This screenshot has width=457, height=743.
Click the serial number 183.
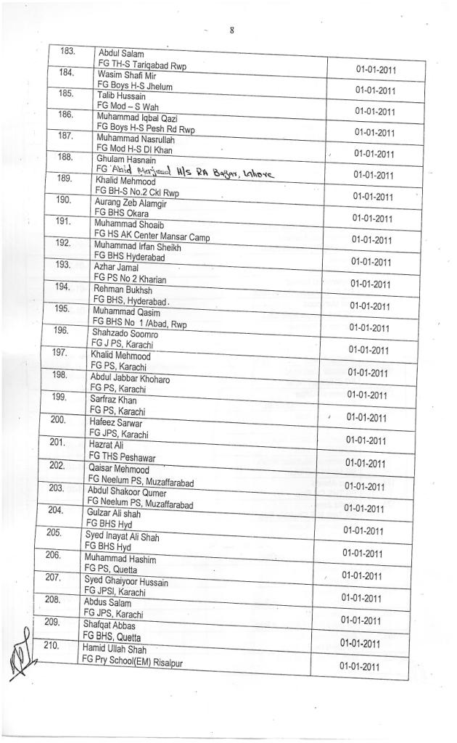pyautogui.click(x=68, y=52)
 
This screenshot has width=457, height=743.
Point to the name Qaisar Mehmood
pyautogui.click(x=120, y=469)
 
